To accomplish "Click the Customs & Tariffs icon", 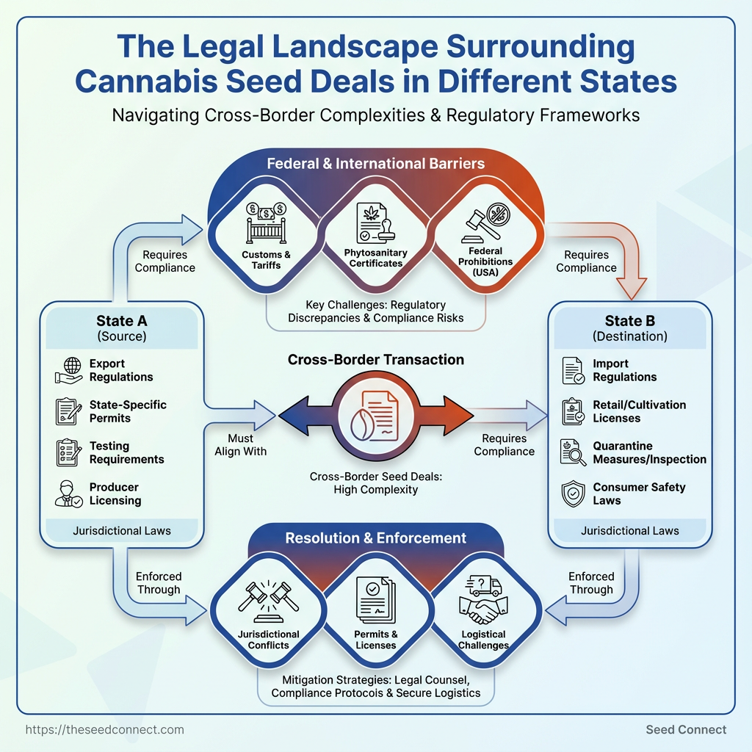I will coord(266,224).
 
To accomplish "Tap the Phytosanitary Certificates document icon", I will coord(375,224).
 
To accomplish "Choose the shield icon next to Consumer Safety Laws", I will coord(573,493).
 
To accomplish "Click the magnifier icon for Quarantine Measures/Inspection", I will coord(573,452).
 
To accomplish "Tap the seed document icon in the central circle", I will coord(376,416).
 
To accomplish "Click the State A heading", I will coord(121,321).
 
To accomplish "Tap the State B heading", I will coord(630,321).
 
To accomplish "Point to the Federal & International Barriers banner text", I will coord(375,163).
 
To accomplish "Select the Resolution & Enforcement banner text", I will coord(375,538).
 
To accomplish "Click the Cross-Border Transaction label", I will coord(375,360).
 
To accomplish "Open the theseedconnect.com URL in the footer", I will coord(104,729).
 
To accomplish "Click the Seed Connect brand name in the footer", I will coord(686,729).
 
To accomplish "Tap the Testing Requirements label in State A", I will coord(126,452).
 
